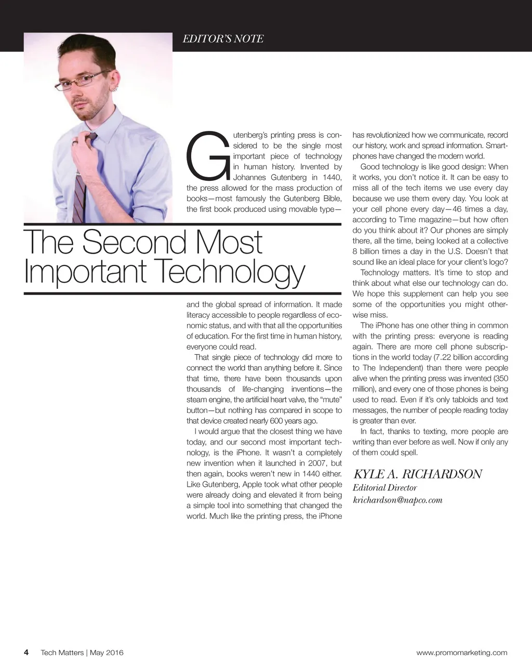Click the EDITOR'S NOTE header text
pos(223,39)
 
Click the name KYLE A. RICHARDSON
pos(418,474)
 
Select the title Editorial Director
pos(385,487)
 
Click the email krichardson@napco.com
pos(397,500)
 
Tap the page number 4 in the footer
pos(26,652)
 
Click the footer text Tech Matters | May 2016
pos(82,652)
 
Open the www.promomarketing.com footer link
pos(462,652)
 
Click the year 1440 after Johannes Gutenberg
pos(331,178)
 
